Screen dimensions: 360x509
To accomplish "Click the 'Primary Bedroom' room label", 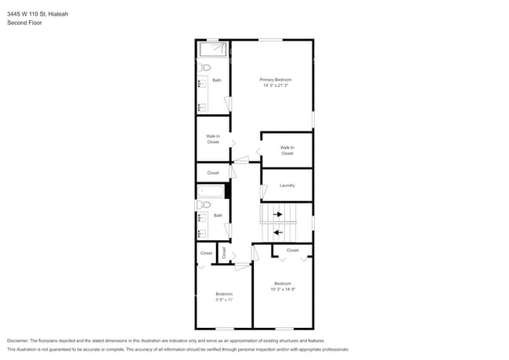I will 276,80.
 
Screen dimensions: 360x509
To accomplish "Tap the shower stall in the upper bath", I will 213,50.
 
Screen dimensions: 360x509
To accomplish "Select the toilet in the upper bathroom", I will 200,68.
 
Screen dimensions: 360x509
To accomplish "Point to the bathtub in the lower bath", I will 211,191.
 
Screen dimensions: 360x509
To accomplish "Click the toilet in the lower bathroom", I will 200,204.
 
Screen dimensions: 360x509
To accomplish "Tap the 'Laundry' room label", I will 287,185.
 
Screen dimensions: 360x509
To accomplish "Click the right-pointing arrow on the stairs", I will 276,214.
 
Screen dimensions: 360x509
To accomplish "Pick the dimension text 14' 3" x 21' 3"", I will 276,85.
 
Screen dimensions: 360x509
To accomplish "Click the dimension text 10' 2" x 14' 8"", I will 283,289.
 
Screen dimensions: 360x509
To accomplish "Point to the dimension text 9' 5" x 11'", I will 225,299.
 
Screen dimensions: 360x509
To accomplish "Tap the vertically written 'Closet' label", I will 224,253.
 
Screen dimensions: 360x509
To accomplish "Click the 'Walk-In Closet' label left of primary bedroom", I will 213,139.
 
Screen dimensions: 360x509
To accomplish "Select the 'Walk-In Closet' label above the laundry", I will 287,150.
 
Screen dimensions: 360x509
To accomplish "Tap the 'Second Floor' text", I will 24,23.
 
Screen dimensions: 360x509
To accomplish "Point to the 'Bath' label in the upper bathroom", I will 217,80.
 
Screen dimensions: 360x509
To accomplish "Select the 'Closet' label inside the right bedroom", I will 292,250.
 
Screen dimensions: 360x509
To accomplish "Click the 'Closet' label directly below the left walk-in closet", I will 213,173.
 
